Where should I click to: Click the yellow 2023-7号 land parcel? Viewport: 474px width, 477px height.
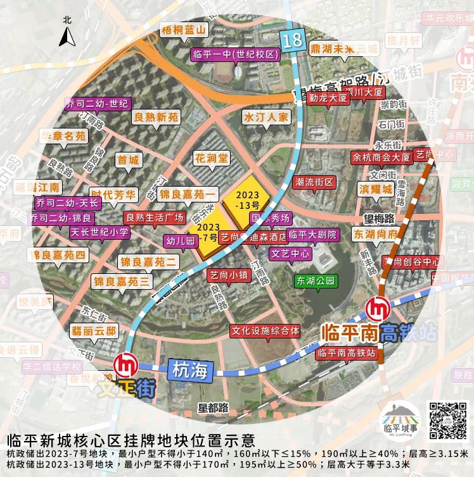[x=207, y=232]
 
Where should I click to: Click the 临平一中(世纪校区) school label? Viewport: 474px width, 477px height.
[x=234, y=54]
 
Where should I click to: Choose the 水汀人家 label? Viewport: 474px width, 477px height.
[x=266, y=117]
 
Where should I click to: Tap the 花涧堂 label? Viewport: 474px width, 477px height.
[x=211, y=158]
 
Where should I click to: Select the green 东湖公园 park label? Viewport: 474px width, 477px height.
[x=314, y=281]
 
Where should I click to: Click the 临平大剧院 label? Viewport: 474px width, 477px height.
[x=313, y=235]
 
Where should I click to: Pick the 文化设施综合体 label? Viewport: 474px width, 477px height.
[x=265, y=330]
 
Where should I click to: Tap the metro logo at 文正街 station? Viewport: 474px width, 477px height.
[x=125, y=365]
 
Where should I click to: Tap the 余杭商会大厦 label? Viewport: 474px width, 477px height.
[x=381, y=158]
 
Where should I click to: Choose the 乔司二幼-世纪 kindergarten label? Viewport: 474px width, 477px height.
[x=98, y=103]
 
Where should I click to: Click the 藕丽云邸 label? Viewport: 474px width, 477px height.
[x=94, y=330]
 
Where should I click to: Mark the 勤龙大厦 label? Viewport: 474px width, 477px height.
[x=328, y=99]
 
